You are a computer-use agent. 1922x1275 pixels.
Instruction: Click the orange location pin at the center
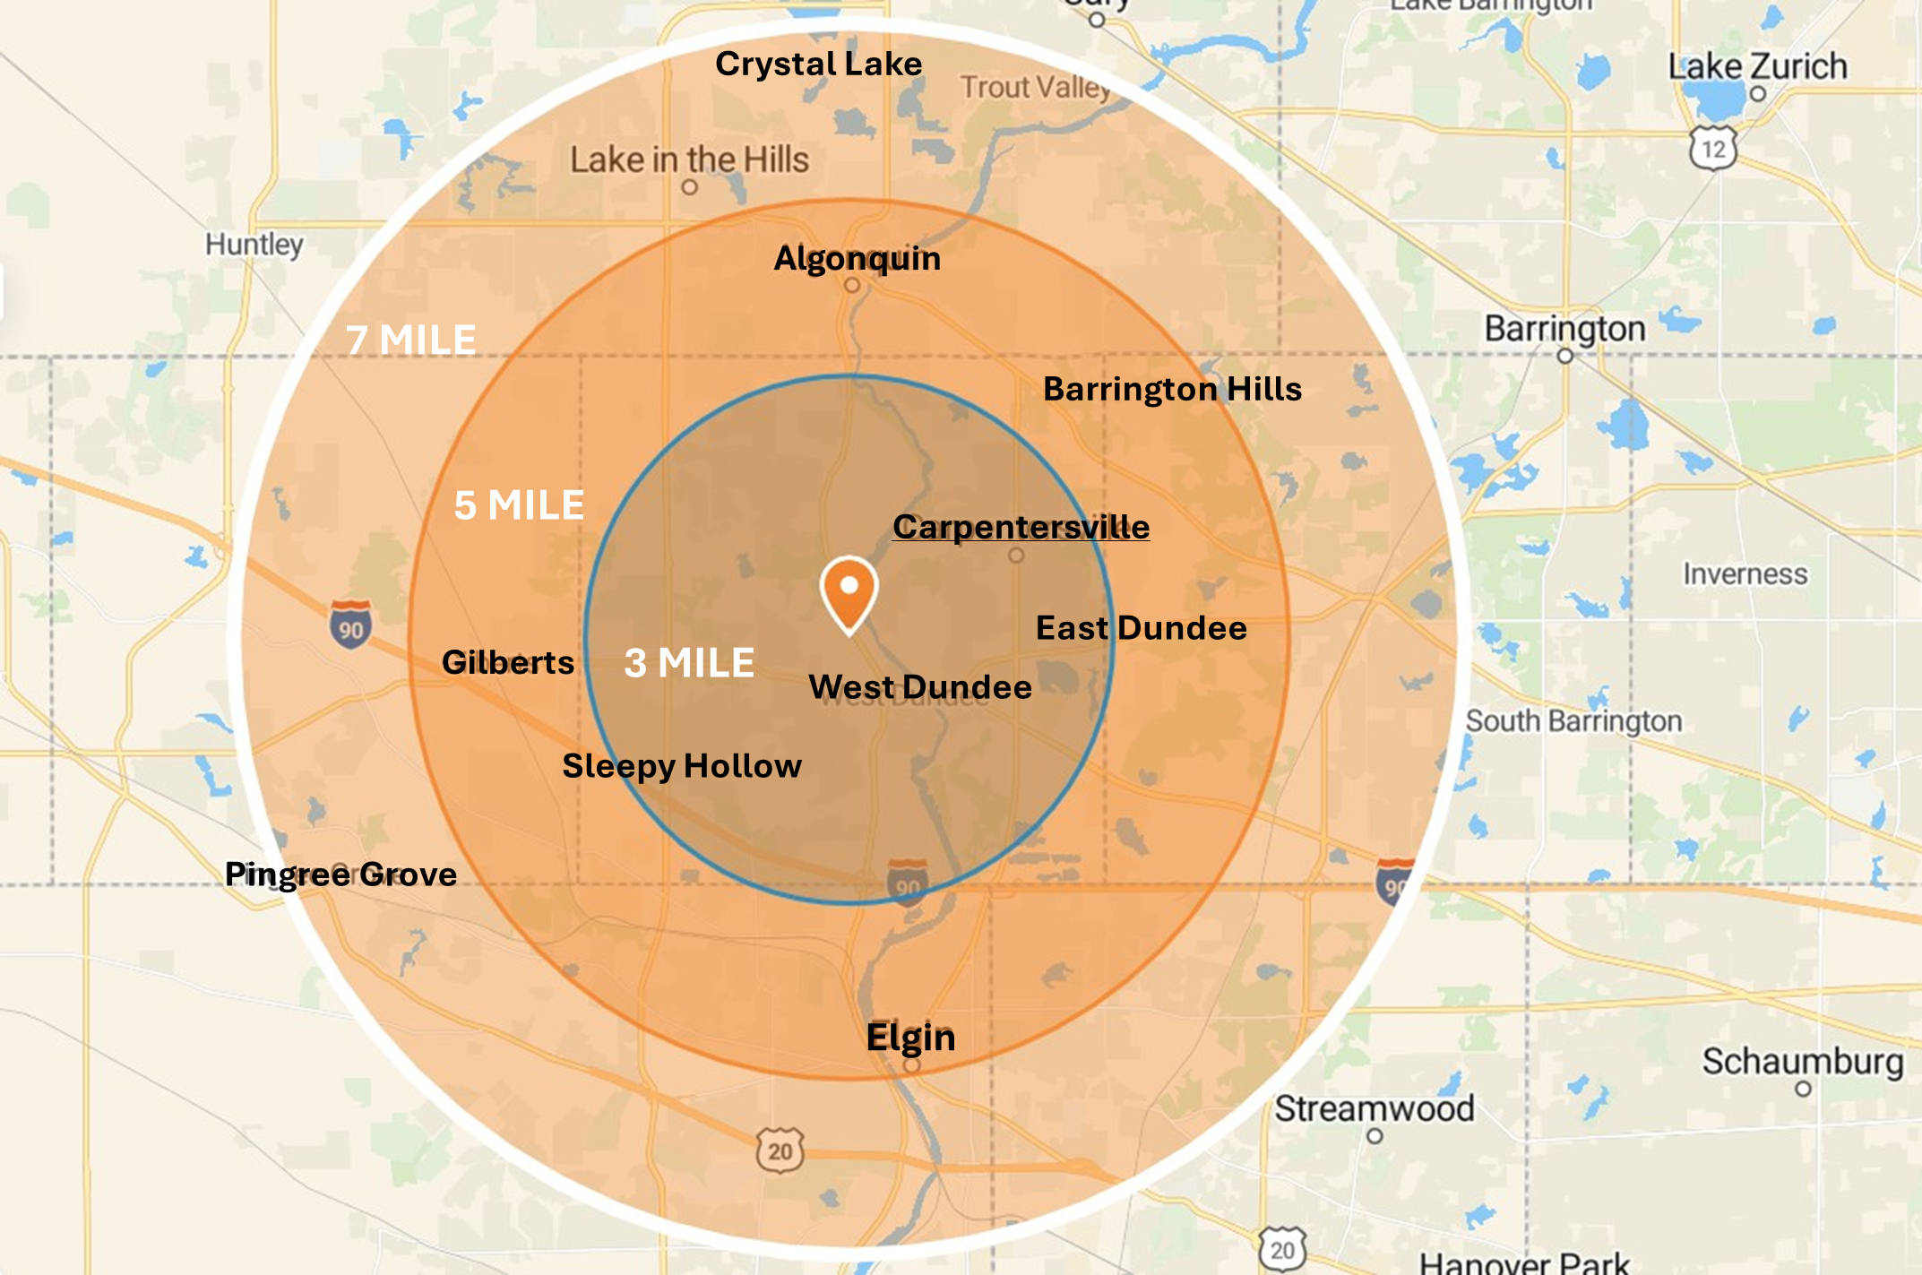pos(849,591)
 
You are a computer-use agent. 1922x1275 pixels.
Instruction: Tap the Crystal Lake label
pos(818,64)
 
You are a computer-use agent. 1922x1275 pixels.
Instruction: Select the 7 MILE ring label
pos(411,340)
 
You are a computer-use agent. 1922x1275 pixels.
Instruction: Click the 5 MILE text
pos(519,505)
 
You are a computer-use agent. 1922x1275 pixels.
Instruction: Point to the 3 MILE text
pos(689,663)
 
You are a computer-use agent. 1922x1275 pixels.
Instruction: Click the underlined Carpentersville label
pos(1021,527)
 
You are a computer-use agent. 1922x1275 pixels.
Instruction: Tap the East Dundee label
pos(1141,628)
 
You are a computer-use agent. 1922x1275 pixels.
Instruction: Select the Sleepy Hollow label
pos(681,766)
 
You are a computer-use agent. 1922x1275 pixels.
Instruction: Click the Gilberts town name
pos(508,662)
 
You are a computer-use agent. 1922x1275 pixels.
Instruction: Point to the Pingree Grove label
pos(340,874)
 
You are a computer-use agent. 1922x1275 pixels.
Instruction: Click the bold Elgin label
pos(910,1037)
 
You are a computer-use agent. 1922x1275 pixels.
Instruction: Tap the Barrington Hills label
pos(1172,389)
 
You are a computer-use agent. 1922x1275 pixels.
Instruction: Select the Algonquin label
pos(857,258)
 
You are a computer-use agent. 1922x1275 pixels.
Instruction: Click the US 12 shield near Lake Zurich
pos(1712,149)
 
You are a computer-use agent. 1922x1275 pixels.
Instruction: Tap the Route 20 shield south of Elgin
pos(780,1150)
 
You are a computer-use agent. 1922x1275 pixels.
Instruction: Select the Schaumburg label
pos(1802,1061)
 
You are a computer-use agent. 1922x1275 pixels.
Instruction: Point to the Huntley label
pos(254,244)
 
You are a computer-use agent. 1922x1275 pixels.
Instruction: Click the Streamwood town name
pos(1374,1108)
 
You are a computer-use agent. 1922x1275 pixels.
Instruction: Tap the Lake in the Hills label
pos(689,160)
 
